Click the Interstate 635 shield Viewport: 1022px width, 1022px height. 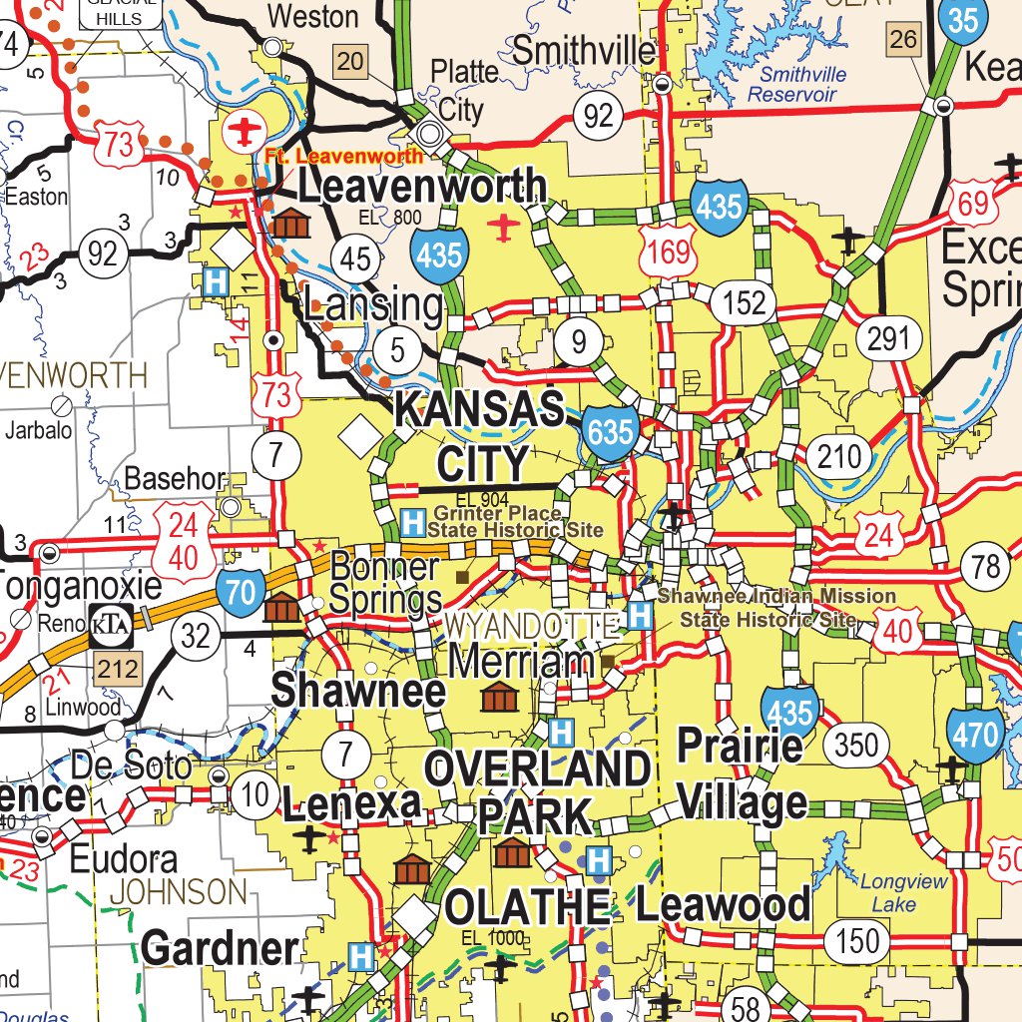tap(610, 432)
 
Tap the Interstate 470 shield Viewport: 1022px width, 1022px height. tap(974, 736)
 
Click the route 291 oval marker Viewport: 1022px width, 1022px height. tap(887, 339)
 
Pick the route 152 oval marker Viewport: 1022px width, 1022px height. tap(744, 302)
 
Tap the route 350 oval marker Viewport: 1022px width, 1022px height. tap(855, 745)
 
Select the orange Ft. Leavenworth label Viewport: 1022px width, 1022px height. tap(344, 156)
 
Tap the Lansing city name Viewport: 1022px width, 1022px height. tap(373, 305)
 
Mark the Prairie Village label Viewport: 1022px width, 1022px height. tap(742, 773)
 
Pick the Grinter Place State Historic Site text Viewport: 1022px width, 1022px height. tap(515, 522)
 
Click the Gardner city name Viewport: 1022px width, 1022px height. tap(220, 948)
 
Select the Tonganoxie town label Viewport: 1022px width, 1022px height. tap(80, 585)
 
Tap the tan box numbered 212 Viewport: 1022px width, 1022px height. tap(119, 669)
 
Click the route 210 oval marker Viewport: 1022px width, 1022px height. tap(838, 457)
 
